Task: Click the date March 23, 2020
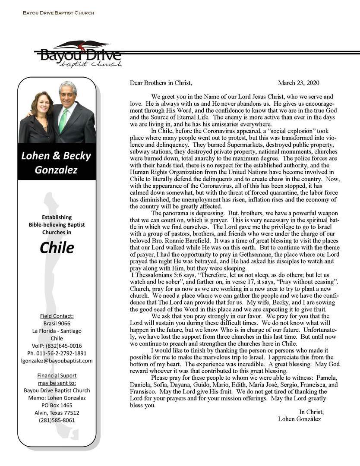[x=299, y=83]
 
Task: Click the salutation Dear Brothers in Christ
[x=161, y=83]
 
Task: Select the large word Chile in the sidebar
[x=57, y=247]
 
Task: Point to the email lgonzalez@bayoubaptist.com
[x=57, y=361]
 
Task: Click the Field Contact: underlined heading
[x=57, y=316]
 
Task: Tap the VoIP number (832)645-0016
[x=57, y=346]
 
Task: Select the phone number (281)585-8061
[x=57, y=420]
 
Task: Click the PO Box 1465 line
[x=57, y=405]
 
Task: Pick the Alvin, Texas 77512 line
[x=57, y=412]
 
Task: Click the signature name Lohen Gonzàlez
[x=300, y=419]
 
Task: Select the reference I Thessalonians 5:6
[x=152, y=275]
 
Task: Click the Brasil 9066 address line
[x=57, y=323]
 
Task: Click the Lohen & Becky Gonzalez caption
[x=57, y=163]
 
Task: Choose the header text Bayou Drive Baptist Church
[x=58, y=13]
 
